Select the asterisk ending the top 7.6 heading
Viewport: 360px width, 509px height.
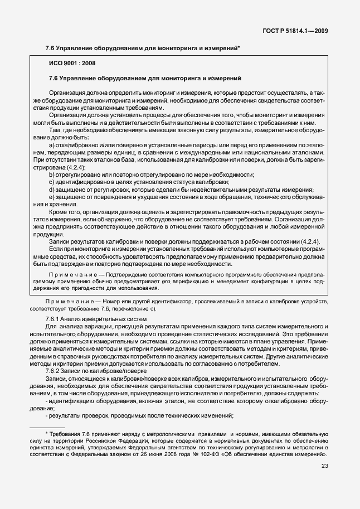coord(239,48)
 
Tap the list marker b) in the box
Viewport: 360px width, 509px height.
coord(52,174)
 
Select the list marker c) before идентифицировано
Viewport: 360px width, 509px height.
coord(52,182)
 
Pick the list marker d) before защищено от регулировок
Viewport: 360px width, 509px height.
coord(52,190)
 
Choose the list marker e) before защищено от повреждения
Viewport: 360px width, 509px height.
coord(52,197)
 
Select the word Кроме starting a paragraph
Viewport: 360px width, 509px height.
coord(59,212)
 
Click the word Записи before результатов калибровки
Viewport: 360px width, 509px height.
coord(60,241)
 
